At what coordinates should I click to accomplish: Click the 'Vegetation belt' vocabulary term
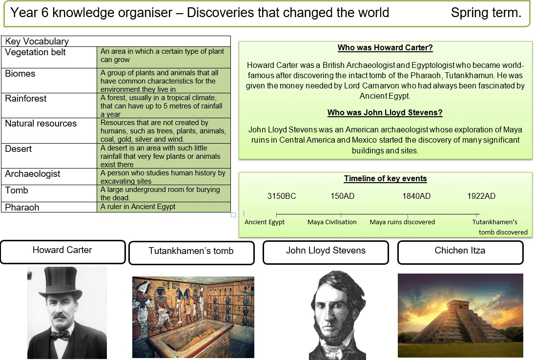pos(35,52)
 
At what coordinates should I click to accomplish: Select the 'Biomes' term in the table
pos(20,74)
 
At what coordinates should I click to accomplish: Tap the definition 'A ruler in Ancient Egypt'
pos(138,207)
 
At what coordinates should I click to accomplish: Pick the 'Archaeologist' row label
pos(33,174)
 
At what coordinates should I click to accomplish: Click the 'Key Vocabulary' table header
pos(37,42)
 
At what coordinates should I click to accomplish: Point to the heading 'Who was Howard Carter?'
pos(385,48)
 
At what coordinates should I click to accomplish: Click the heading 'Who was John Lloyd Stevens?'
pos(385,113)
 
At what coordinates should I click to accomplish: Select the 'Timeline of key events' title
pos(385,179)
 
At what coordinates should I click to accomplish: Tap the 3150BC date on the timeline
pos(282,196)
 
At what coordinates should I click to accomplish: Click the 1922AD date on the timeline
pos(481,196)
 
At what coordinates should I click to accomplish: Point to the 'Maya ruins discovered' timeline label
pos(402,222)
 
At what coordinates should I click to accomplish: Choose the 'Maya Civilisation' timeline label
pos(332,222)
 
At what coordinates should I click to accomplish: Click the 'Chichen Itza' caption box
pos(460,251)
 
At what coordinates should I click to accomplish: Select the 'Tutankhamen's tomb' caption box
pos(191,252)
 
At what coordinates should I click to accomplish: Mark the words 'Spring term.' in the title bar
pos(486,13)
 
